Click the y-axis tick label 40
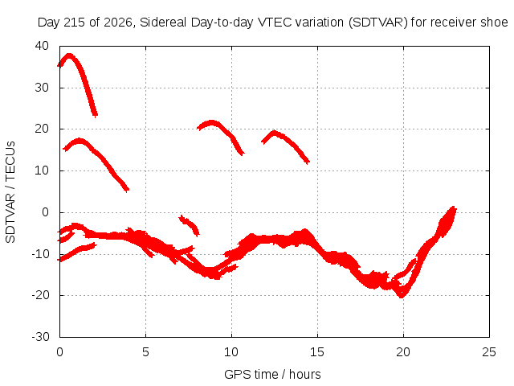(x=42, y=46)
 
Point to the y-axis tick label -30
(x=41, y=337)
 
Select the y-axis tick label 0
(x=45, y=212)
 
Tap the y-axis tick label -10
(x=41, y=254)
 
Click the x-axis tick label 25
(x=489, y=352)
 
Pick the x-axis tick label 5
(x=145, y=352)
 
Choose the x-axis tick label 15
(x=317, y=352)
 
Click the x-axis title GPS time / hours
(x=272, y=374)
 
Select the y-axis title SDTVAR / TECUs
(x=10, y=192)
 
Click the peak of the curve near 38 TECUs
(x=69, y=55)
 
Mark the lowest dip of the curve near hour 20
(x=402, y=296)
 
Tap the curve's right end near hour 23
(x=454, y=209)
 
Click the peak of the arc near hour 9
(x=211, y=122)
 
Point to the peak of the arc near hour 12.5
(x=274, y=132)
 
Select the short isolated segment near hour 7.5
(x=190, y=224)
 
